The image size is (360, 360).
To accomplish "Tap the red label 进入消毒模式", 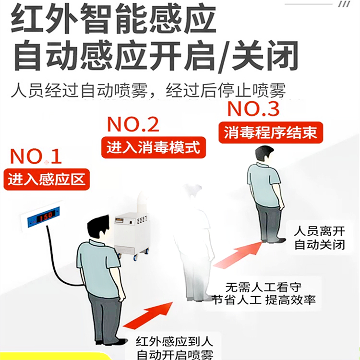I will click(152, 146).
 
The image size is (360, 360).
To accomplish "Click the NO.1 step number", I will click(36, 156).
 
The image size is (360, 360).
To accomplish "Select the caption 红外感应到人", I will click(174, 342).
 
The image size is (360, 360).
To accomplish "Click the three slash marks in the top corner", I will click(344, 4).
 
